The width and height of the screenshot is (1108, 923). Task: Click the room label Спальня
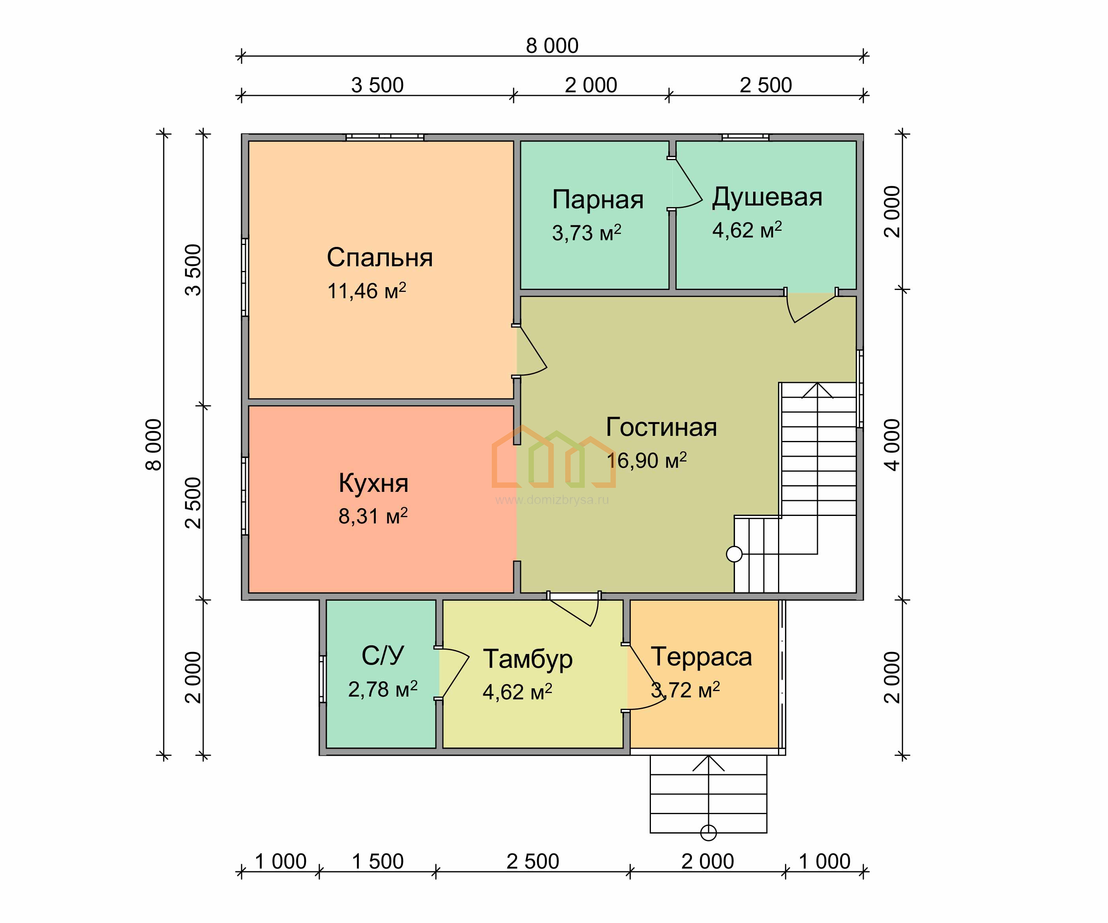click(379, 258)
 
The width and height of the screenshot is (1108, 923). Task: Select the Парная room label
click(598, 199)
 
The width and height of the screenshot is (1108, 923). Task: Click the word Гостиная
click(661, 427)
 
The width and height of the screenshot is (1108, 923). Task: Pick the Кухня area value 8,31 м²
click(373, 516)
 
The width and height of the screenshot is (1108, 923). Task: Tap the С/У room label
click(382, 656)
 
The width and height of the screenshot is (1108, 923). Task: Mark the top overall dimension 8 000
click(552, 46)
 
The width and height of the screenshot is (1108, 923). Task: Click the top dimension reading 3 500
click(377, 85)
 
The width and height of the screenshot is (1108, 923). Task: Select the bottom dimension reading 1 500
click(377, 861)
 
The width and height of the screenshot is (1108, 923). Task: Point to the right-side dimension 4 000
click(892, 445)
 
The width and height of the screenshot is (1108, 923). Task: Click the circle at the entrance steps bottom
click(708, 833)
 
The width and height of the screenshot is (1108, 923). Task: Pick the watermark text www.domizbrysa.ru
click(552, 500)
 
